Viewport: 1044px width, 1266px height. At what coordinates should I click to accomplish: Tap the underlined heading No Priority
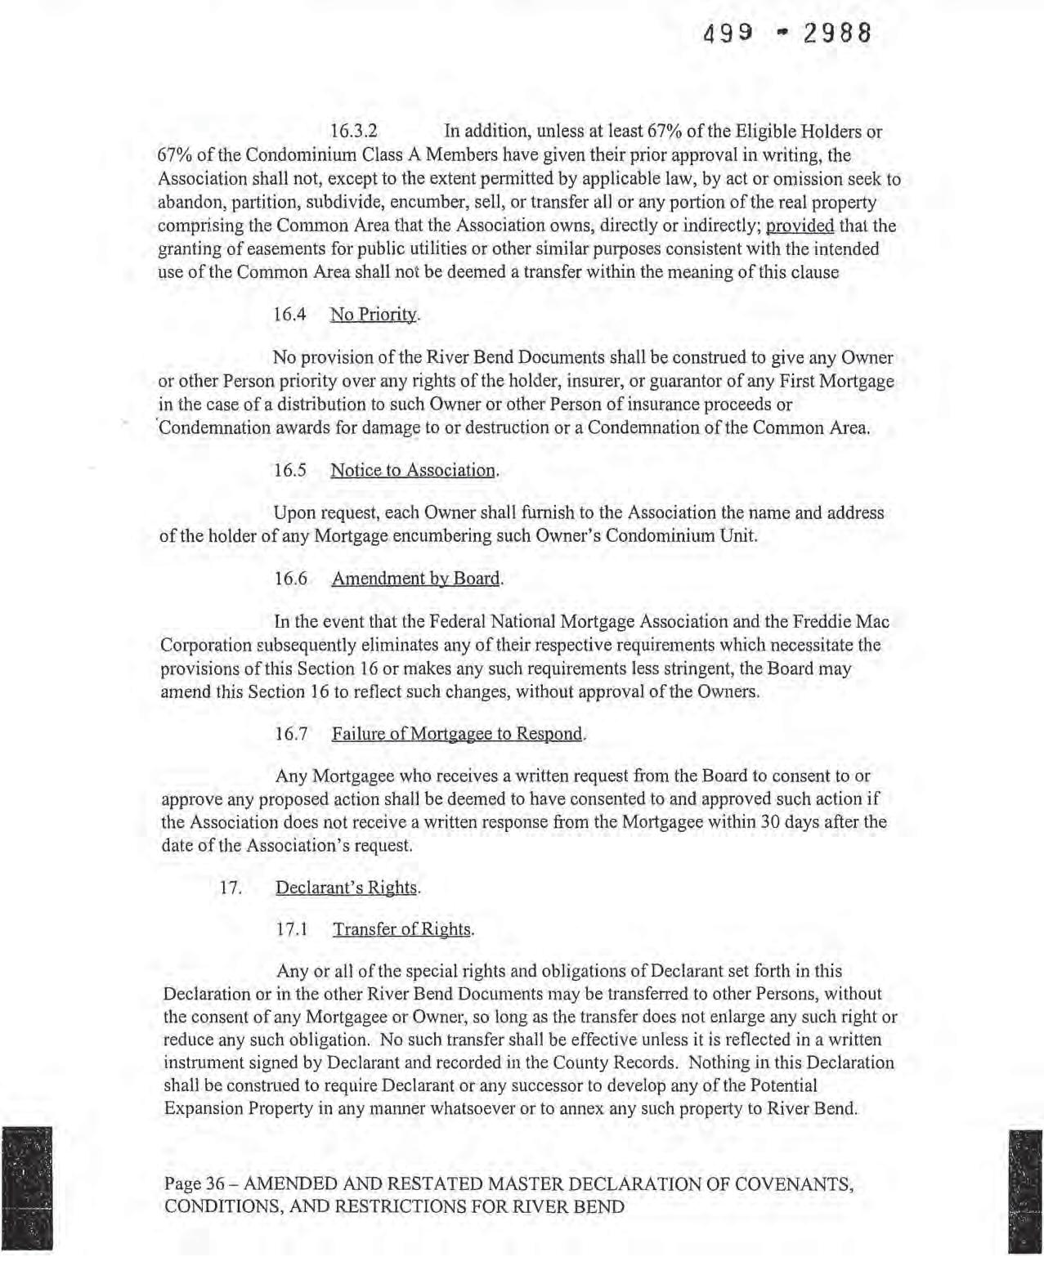click(374, 315)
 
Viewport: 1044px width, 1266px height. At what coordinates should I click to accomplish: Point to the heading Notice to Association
click(413, 470)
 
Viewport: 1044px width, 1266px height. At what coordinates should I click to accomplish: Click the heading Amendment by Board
click(416, 579)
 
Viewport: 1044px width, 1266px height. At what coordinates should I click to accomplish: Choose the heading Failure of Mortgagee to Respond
click(458, 733)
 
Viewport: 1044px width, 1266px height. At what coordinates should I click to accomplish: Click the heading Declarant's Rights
click(347, 888)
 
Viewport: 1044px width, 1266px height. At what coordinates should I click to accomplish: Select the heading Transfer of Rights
click(402, 929)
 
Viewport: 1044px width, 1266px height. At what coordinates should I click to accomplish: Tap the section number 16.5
click(289, 470)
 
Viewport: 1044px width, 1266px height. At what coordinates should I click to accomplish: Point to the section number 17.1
click(292, 929)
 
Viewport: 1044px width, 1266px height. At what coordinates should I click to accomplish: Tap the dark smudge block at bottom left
click(27, 1188)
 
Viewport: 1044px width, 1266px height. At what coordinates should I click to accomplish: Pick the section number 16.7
click(291, 733)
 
